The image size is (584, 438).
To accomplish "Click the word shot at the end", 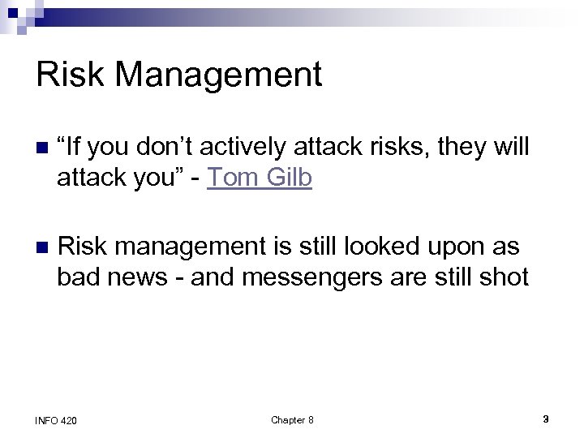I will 505,277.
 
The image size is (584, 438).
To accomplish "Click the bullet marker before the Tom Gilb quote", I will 41,148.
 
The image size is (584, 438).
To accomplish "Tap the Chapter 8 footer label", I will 292,419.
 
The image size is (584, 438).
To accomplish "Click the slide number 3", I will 546,419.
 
